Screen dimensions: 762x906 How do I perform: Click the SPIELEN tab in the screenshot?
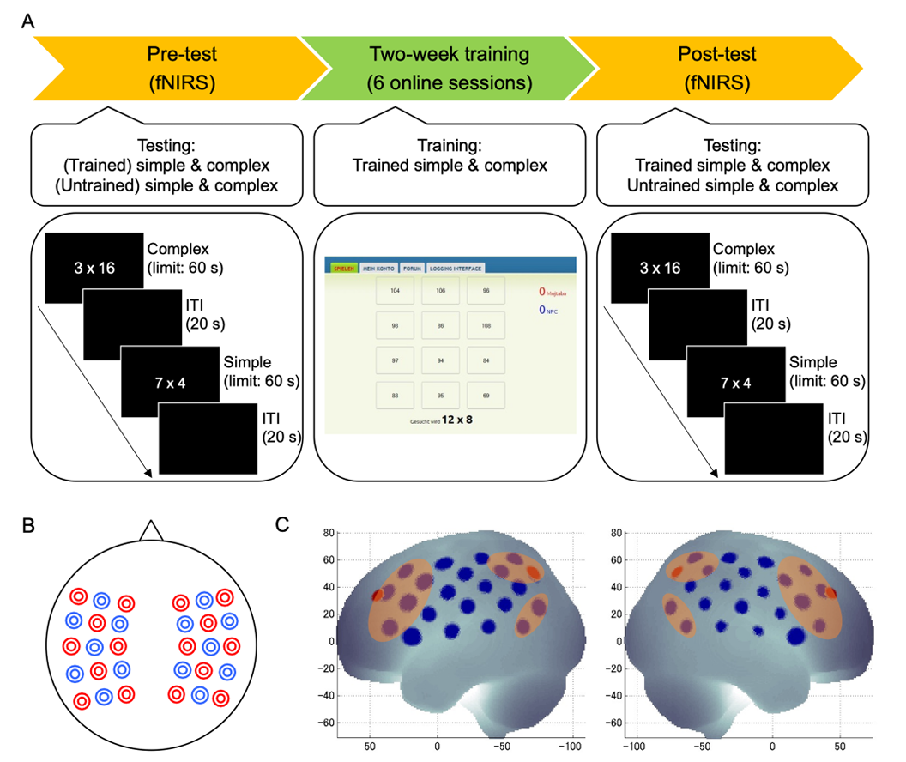tap(341, 267)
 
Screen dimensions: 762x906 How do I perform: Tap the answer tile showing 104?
tap(395, 292)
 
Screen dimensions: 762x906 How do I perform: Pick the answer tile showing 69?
tap(486, 395)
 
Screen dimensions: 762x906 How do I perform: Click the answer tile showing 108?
tap(486, 326)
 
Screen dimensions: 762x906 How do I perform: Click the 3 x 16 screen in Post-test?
tap(661, 268)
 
